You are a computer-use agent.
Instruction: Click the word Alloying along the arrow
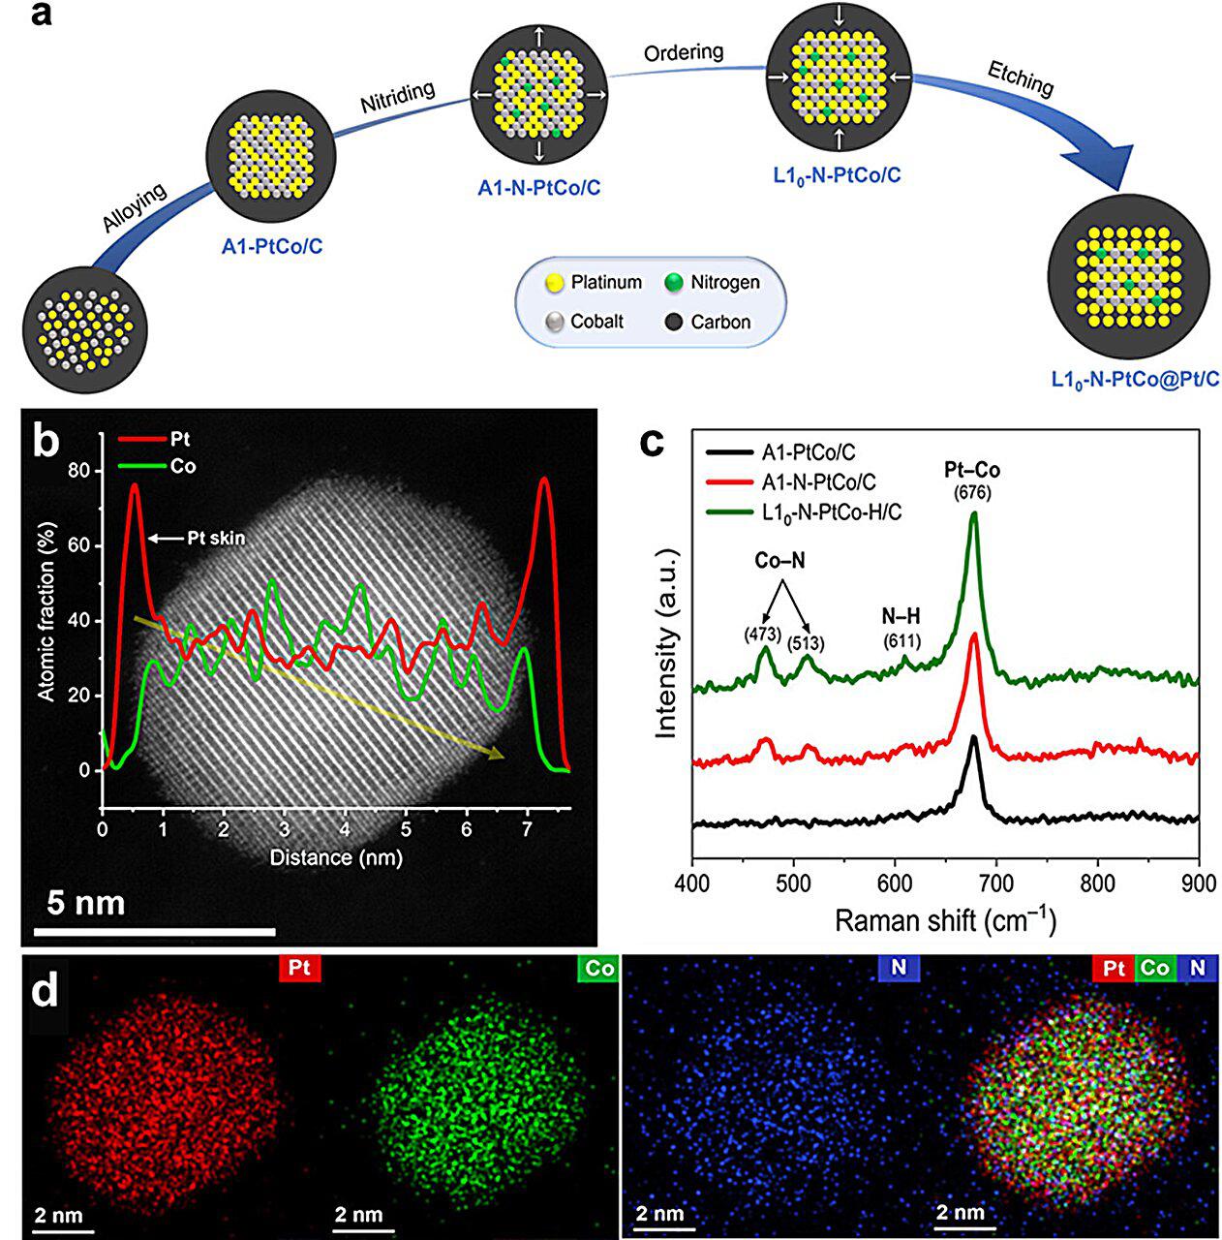click(135, 208)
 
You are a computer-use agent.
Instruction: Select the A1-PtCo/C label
click(272, 247)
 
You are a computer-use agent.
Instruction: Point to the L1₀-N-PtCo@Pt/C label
click(1135, 380)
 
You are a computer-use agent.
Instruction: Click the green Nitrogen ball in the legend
click(674, 283)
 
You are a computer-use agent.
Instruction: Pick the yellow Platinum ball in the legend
click(555, 283)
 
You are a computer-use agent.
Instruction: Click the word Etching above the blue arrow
click(1020, 78)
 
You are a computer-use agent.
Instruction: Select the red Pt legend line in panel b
click(140, 440)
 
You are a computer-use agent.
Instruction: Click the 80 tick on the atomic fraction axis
click(78, 471)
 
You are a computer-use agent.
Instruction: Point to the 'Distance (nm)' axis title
click(335, 857)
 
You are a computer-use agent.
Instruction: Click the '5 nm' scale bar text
click(87, 903)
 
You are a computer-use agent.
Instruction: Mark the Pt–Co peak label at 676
click(972, 471)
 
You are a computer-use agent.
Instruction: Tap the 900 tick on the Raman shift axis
click(1198, 882)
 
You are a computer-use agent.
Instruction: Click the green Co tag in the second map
click(598, 969)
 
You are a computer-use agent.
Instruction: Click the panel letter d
click(46, 995)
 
